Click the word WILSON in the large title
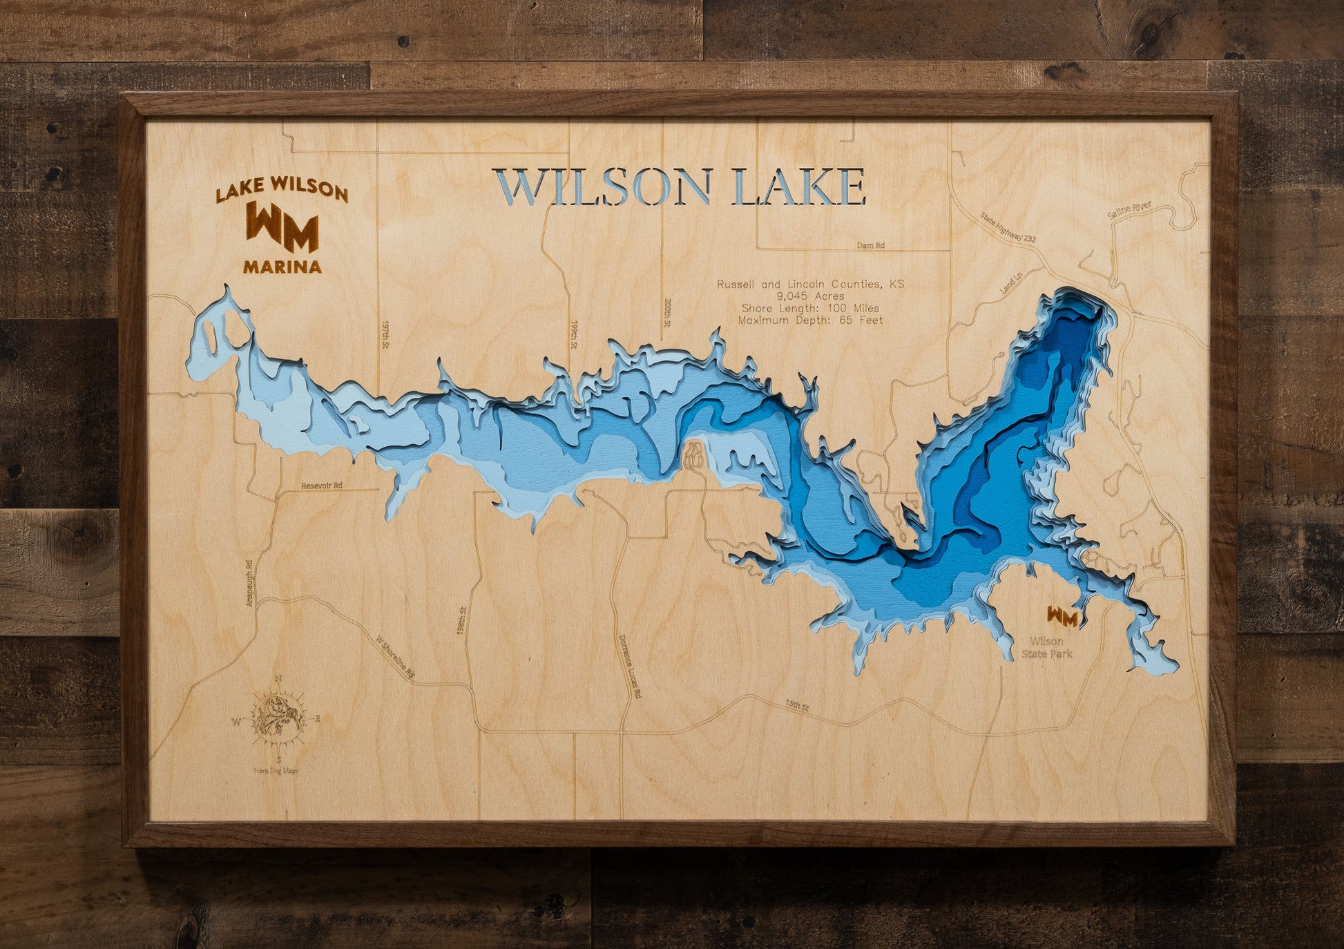coord(603,187)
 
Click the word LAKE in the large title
coord(798,187)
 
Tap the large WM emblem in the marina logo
coord(282,227)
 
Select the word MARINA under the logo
coord(282,267)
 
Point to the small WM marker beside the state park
coord(1062,616)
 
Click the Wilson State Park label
coord(1047,647)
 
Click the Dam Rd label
coord(870,245)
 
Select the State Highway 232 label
coord(1008,228)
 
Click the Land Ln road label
coord(1011,284)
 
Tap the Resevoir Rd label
coord(322,486)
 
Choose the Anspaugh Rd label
coord(250,584)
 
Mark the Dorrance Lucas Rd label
coord(629,667)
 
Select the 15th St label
coord(796,705)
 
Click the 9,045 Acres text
coord(810,296)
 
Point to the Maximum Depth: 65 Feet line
coord(810,320)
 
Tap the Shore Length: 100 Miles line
coord(810,308)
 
